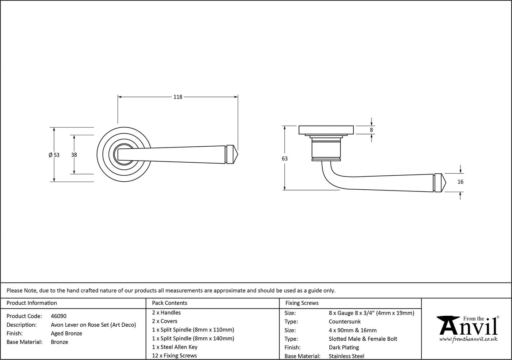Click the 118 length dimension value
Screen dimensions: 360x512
point(178,97)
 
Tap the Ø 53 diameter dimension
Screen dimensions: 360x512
point(54,155)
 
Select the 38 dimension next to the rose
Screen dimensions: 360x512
point(74,155)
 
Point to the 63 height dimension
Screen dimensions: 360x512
point(285,159)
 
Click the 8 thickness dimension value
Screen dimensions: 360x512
point(371,130)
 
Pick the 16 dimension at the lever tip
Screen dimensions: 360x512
point(460,182)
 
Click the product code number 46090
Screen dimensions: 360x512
point(58,316)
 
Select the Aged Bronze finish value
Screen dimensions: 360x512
point(66,333)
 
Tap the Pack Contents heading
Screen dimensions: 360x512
point(169,303)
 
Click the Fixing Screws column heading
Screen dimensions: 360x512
point(302,303)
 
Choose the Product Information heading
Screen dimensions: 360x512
point(32,303)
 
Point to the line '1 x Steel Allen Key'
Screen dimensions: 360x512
point(175,347)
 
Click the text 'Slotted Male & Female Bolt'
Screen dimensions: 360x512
point(363,339)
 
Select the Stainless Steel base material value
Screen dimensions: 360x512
point(346,356)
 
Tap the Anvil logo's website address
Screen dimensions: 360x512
point(469,339)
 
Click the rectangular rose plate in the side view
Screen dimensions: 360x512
point(326,130)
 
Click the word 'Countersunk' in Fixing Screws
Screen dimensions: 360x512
point(345,322)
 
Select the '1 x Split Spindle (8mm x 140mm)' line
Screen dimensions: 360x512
point(193,339)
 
